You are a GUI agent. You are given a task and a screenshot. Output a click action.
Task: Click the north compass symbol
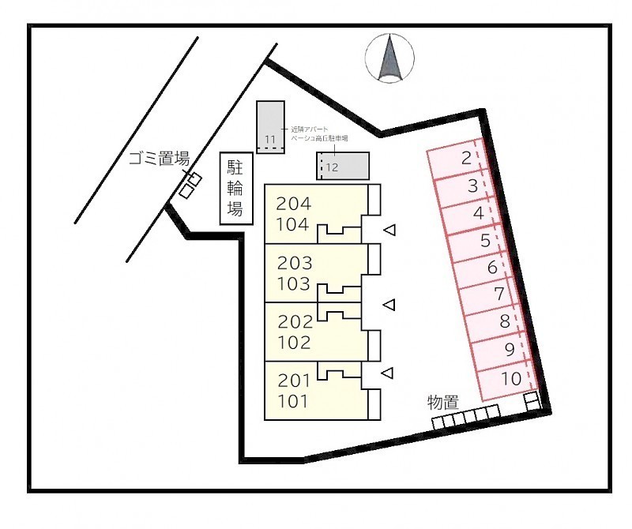coord(390,58)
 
